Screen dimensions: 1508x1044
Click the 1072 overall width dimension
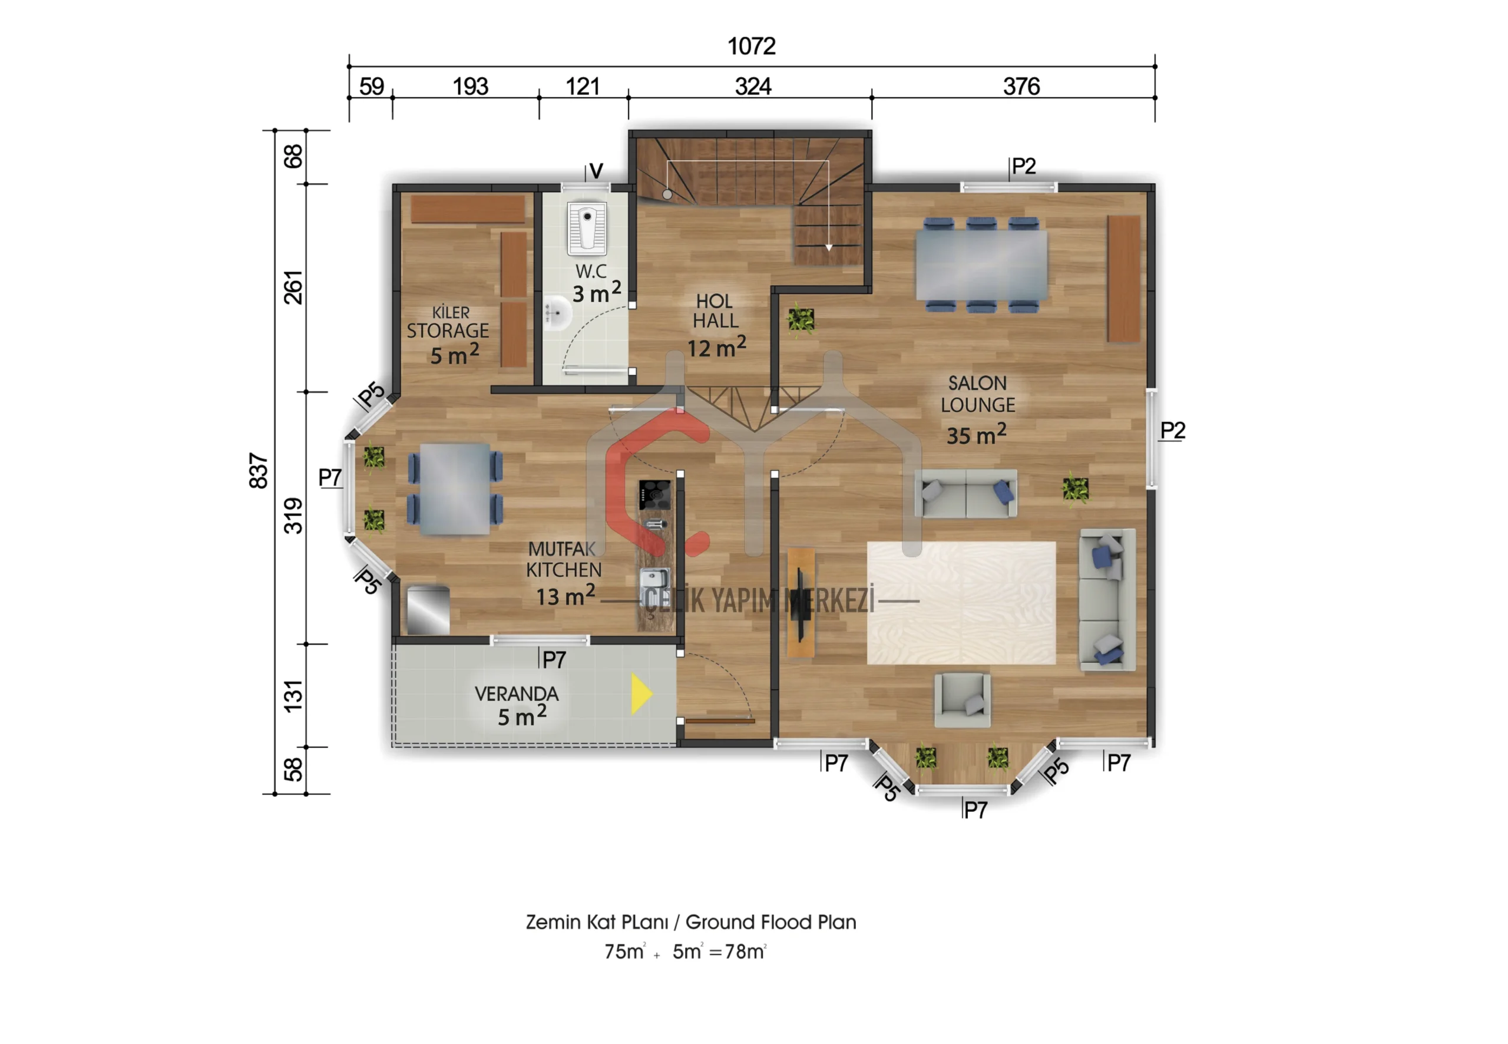coord(752,46)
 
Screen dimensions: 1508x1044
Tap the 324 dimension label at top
coord(753,87)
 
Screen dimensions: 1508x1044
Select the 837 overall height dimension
coord(259,470)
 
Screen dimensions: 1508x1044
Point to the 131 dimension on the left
coord(293,695)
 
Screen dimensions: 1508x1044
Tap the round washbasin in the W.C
coord(557,313)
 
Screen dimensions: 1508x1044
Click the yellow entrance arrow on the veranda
coord(641,693)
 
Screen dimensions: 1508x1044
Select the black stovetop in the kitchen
coord(654,494)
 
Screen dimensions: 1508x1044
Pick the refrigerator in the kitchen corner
coord(428,610)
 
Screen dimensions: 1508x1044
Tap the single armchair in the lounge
coord(961,701)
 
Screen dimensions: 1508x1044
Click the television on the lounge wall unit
coord(799,605)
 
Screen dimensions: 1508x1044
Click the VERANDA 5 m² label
coord(517,706)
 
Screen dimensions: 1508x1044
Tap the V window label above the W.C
coord(596,171)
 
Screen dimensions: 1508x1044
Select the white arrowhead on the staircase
coord(829,247)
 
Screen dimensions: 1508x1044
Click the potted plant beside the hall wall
coord(801,320)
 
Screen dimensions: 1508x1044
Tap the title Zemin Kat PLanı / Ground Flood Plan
coord(690,921)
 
